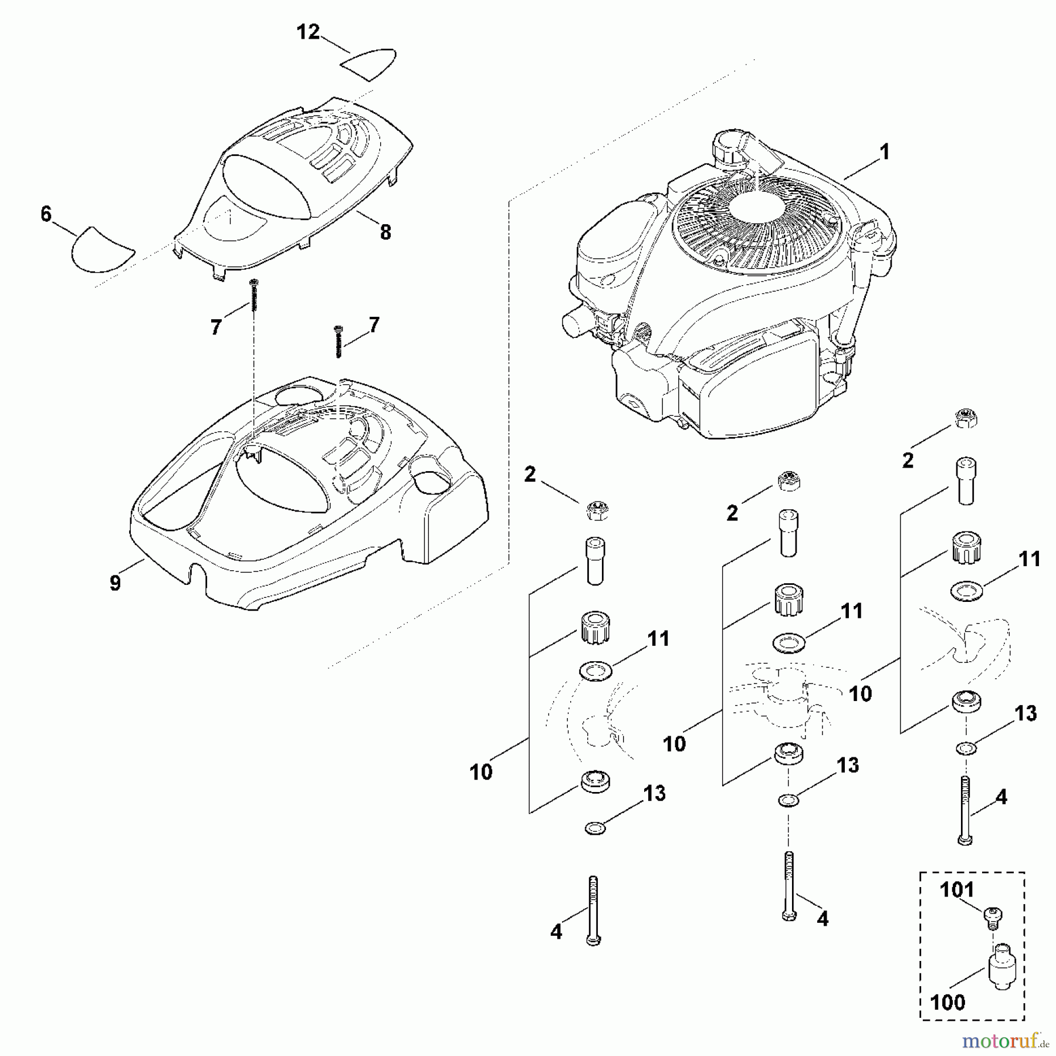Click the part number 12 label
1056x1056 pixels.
coord(308,32)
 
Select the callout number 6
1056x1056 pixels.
coord(46,215)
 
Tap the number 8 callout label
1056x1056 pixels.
coord(385,233)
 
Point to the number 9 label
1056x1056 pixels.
coord(116,583)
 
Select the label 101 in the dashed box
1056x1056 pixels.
coord(957,890)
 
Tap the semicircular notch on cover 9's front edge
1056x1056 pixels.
coord(196,571)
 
